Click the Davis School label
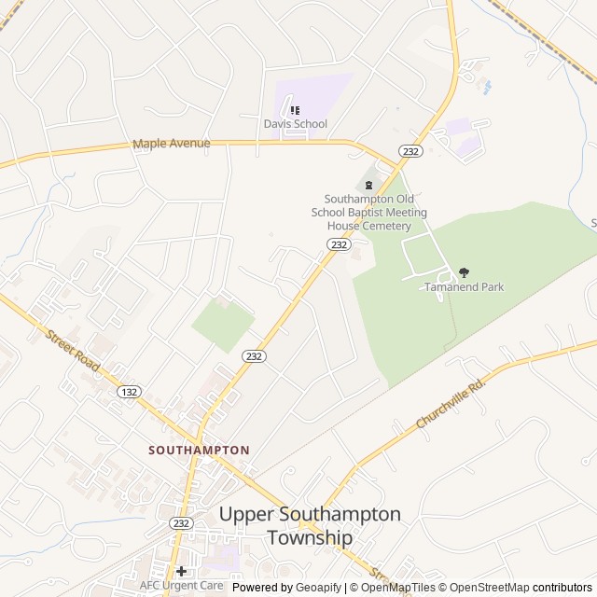[x=295, y=124]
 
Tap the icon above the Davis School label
[x=295, y=110]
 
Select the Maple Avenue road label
[x=172, y=144]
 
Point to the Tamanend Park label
[x=464, y=287]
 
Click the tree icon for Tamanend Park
[x=464, y=272]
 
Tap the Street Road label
[x=71, y=350]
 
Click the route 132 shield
[x=130, y=392]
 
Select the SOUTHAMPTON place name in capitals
[x=199, y=450]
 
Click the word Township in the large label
[x=310, y=538]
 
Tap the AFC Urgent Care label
[x=181, y=586]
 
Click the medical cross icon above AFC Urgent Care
[x=181, y=571]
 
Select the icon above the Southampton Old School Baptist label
[x=368, y=185]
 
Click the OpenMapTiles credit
[x=398, y=588]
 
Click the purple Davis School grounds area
[x=317, y=93]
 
